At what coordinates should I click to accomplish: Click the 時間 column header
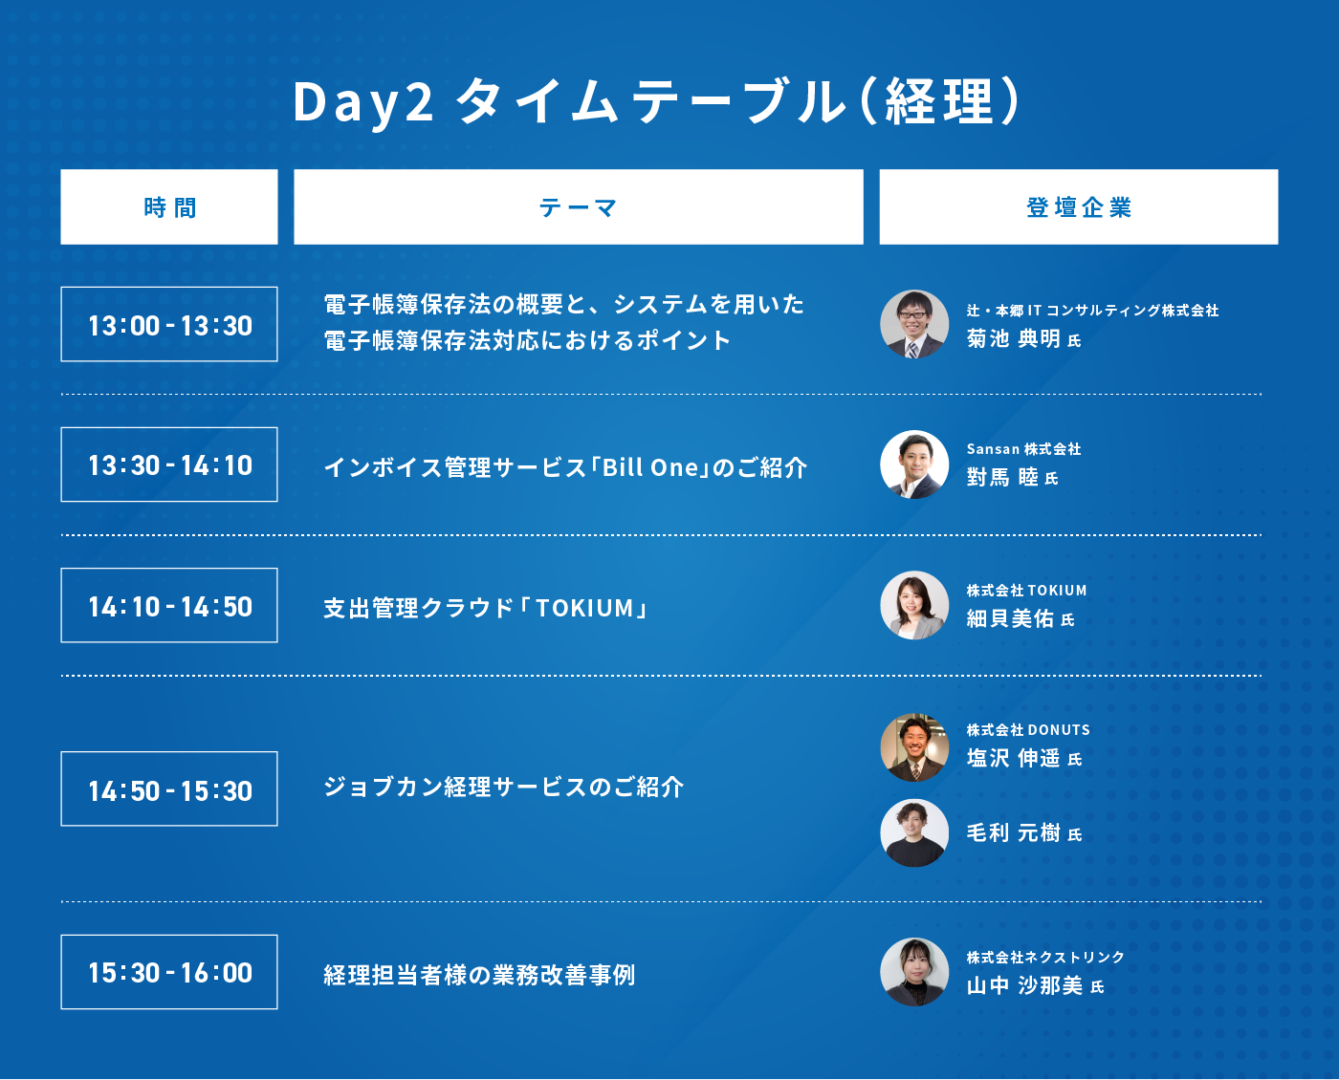point(169,206)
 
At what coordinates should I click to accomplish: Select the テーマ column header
point(579,206)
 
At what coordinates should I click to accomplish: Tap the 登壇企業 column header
point(1079,206)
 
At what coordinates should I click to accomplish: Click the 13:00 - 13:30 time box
point(169,324)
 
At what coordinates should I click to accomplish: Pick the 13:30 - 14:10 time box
point(169,464)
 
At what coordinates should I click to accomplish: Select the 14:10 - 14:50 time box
point(169,605)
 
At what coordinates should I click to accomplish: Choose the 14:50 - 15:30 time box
point(169,788)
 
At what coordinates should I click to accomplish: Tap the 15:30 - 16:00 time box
point(169,972)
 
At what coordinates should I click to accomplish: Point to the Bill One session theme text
point(565,467)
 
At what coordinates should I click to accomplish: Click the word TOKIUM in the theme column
point(584,608)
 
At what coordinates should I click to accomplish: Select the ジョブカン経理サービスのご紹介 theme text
point(503,787)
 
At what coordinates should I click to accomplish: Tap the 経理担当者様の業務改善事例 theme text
point(480,975)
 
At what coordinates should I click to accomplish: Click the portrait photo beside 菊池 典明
point(914,324)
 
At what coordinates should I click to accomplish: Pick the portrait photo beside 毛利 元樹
point(914,833)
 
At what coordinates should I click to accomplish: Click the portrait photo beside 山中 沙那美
point(914,972)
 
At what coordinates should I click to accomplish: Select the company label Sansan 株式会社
point(1023,448)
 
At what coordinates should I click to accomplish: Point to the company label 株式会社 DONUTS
point(1028,729)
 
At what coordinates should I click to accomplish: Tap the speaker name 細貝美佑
point(1010,618)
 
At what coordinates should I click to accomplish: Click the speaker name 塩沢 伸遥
point(1014,758)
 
